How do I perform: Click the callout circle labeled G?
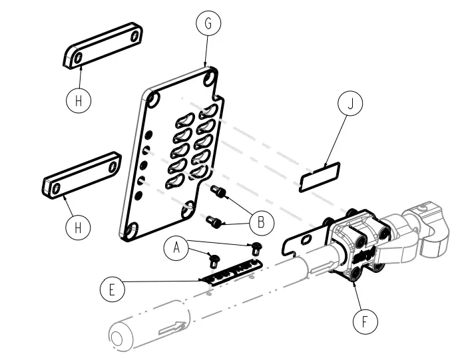(x=208, y=23)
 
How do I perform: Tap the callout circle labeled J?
(x=350, y=105)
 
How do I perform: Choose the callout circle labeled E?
(x=111, y=289)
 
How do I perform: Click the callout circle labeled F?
(x=364, y=322)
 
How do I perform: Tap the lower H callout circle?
(x=78, y=227)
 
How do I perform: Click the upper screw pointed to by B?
(x=219, y=193)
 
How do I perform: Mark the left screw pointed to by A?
(x=214, y=258)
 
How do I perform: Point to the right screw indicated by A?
(x=256, y=248)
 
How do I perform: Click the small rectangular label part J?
(x=319, y=178)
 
